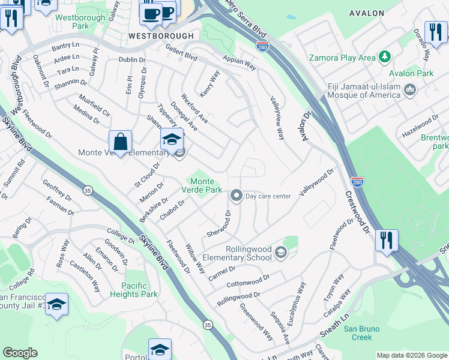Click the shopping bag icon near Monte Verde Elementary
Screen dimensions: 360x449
121,143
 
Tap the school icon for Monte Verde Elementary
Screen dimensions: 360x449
172,140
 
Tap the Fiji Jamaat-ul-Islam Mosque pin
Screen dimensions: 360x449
411,90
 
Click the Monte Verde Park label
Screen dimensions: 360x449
202,185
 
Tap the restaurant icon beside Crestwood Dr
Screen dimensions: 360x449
387,241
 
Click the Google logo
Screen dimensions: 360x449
20,353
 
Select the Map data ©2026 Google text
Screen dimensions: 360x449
411,355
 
